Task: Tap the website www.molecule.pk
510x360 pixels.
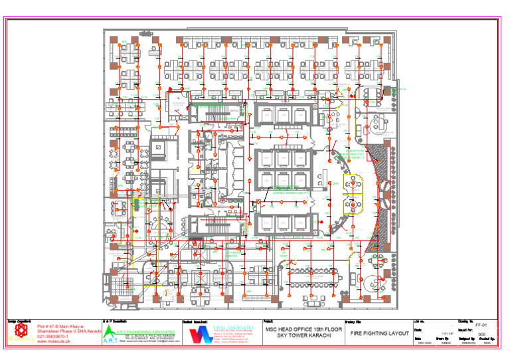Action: pos(54,343)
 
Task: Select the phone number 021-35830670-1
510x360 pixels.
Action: pos(53,337)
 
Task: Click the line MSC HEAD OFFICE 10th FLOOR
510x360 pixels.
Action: pos(304,329)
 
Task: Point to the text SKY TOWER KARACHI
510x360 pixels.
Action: pos(304,337)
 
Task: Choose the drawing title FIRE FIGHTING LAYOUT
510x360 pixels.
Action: pos(380,333)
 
